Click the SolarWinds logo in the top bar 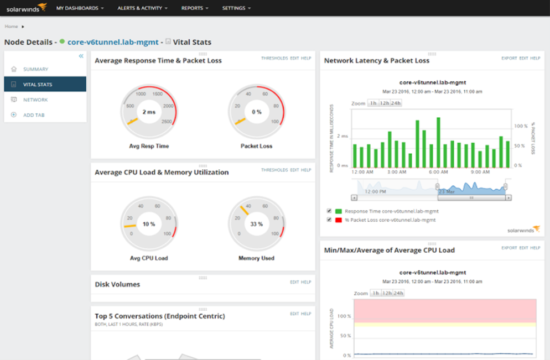27,8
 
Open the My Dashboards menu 80,8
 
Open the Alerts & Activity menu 142,8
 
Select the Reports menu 195,8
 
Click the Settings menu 236,8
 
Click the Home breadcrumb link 11,27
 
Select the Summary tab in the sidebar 35,69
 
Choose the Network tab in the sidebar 35,100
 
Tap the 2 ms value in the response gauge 149,112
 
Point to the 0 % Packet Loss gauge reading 256,112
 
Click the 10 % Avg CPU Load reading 149,225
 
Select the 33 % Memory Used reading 256,225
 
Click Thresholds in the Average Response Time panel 274,58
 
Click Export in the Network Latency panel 509,58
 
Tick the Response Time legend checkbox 330,211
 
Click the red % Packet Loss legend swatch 338,220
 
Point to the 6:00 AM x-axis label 438,172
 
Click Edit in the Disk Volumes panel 294,282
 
